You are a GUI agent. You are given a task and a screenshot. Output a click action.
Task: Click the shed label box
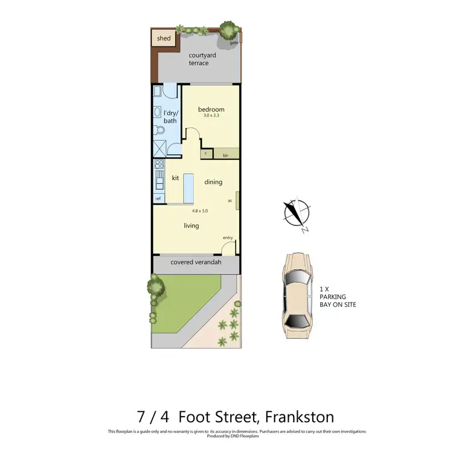click(x=164, y=39)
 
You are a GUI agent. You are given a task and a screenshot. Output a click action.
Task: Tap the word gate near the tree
click(x=233, y=43)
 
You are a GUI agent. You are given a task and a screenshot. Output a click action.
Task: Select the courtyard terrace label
click(x=198, y=59)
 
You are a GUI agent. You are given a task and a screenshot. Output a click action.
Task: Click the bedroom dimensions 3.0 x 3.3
click(x=211, y=115)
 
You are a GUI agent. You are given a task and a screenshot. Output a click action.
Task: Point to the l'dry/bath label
click(x=170, y=117)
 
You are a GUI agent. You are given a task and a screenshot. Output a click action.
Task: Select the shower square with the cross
click(x=160, y=149)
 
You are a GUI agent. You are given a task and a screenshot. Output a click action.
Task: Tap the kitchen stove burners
click(x=159, y=164)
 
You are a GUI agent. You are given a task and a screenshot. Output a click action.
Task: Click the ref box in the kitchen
click(x=158, y=199)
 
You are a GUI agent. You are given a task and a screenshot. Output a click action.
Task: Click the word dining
click(x=213, y=182)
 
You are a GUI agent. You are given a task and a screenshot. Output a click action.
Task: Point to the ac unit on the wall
click(x=237, y=201)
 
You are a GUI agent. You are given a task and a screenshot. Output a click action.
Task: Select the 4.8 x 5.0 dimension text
click(x=200, y=211)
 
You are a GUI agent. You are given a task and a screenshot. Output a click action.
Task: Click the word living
click(x=191, y=226)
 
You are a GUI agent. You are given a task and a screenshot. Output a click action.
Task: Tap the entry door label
click(x=228, y=237)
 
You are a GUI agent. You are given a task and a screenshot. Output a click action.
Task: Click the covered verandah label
click(x=196, y=263)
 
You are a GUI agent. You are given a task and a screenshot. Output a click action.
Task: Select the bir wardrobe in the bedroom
click(x=225, y=155)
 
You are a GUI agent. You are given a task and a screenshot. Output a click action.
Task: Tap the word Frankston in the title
click(x=291, y=416)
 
